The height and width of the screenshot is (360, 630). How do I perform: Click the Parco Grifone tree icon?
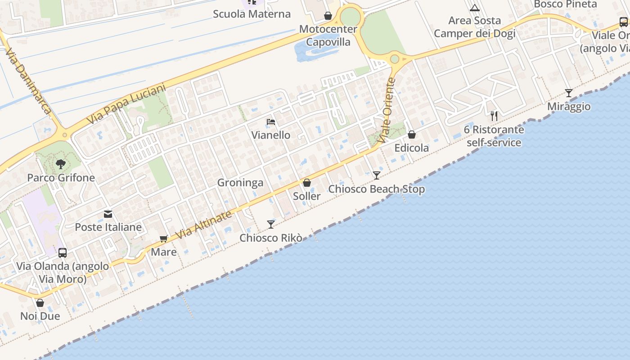[x=61, y=164]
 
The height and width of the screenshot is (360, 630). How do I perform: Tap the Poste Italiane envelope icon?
[x=108, y=214]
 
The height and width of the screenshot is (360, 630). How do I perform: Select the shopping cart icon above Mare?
[x=163, y=238]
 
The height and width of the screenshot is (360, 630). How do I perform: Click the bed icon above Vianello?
[x=270, y=122]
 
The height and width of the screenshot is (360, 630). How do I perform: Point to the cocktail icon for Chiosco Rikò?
[x=270, y=224]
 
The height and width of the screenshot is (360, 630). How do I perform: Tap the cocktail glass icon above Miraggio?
[x=569, y=93]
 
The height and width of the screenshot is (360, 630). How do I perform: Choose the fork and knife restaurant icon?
[x=494, y=116]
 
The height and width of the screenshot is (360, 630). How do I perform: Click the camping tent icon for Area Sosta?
[x=474, y=8]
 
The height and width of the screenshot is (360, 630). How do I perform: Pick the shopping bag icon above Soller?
[x=306, y=183]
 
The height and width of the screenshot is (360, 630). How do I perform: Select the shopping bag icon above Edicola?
[x=411, y=135]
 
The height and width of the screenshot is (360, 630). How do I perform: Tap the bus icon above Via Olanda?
[x=63, y=253]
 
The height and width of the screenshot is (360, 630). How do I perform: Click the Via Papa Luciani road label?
[x=126, y=105]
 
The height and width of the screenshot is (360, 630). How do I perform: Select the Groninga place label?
[x=240, y=183]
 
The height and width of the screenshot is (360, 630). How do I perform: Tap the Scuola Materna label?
[x=252, y=14]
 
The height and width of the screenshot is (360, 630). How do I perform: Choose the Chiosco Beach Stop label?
[x=376, y=189]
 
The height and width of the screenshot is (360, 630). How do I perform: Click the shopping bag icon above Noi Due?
[x=40, y=303]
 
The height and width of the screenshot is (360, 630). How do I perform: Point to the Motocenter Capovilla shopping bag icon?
[x=328, y=16]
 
